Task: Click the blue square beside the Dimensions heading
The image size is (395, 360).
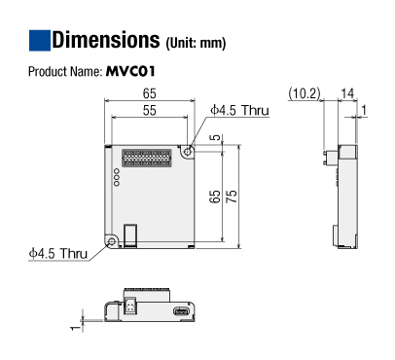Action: [x=40, y=41]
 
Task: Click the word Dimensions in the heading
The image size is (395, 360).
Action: [x=106, y=40]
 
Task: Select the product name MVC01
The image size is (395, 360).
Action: [x=130, y=71]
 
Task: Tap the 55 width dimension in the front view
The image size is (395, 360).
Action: [x=149, y=110]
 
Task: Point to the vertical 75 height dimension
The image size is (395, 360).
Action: [x=232, y=197]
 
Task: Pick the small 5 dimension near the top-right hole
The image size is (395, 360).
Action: [x=215, y=137]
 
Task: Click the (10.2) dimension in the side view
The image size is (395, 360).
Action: [x=305, y=93]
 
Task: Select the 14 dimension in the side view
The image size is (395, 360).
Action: [x=347, y=93]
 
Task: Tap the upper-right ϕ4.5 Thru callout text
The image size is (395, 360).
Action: [x=239, y=110]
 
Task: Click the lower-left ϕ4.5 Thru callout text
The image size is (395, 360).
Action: [x=58, y=253]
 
